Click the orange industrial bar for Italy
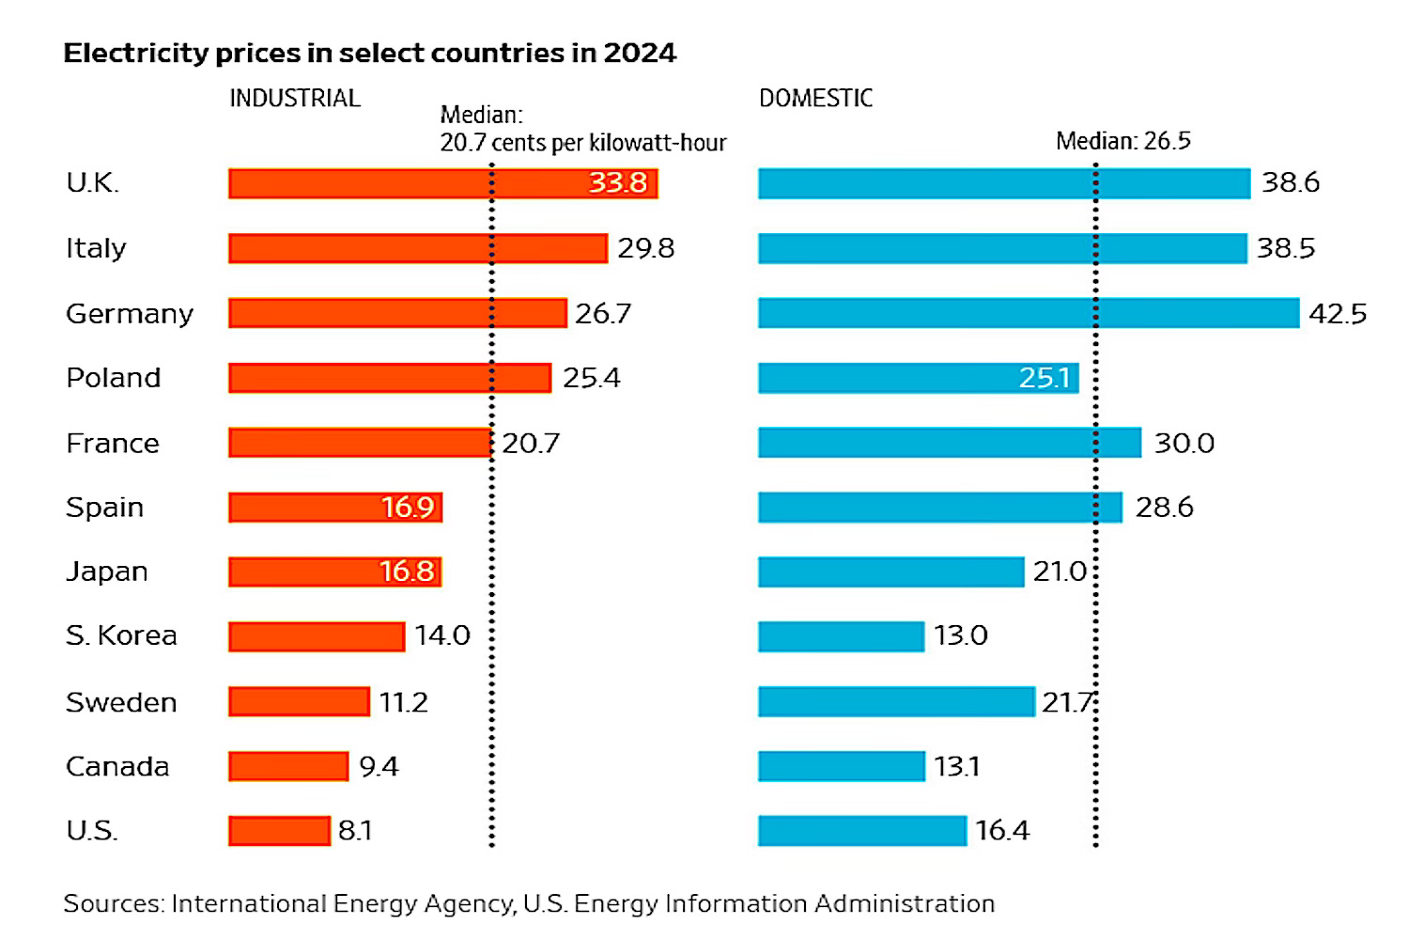pos(418,248)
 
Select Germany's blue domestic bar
pos(1029,313)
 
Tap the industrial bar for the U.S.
pos(279,831)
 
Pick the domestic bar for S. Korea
pos(841,636)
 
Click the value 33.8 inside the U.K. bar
pos(617,182)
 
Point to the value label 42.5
pos(1338,314)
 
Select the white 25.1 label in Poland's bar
pos(1045,378)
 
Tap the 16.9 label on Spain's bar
pos(408,508)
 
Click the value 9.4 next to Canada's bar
pos(379,767)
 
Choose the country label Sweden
pos(121,702)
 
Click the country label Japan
pos(107,572)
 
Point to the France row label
pos(113,443)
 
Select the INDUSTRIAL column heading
pos(295,99)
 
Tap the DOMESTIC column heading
pos(815,99)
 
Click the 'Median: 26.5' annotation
pos(1123,142)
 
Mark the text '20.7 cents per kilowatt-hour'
pos(582,143)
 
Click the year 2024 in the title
pos(640,53)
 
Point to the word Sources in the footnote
pos(113,903)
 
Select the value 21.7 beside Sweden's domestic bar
pos(1067,702)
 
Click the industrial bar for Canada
pos(288,767)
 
